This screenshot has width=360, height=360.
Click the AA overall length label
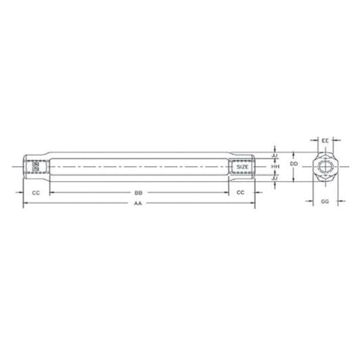(138, 203)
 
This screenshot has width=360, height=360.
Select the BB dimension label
(138, 192)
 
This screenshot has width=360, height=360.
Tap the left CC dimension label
(36, 192)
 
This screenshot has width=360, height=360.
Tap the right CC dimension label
(240, 192)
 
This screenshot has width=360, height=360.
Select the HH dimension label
(275, 165)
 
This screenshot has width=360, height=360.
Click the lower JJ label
(275, 178)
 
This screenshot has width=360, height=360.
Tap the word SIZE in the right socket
(243, 166)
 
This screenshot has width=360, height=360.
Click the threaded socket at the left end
(35, 166)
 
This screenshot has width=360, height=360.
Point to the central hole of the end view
(325, 166)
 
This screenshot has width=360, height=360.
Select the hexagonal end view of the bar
(325, 166)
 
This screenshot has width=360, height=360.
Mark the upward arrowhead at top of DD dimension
(293, 153)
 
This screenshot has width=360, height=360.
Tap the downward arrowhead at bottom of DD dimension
(293, 179)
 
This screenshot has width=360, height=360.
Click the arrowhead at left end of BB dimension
(51, 192)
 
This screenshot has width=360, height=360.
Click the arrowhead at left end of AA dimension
(24, 203)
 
